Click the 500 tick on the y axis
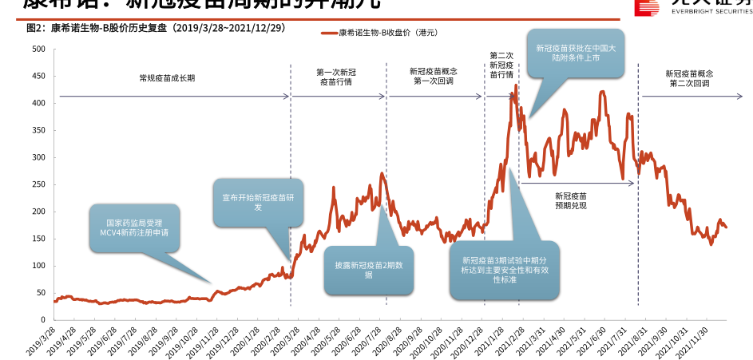[38, 49]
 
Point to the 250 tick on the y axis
[38, 184]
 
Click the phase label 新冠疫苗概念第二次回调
[689, 77]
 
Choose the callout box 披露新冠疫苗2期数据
[368, 270]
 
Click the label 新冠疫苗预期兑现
[571, 200]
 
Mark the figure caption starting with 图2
[156, 28]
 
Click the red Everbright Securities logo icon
[648, 6]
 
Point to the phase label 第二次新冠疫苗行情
[501, 65]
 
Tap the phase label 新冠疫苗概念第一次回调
[434, 77]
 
